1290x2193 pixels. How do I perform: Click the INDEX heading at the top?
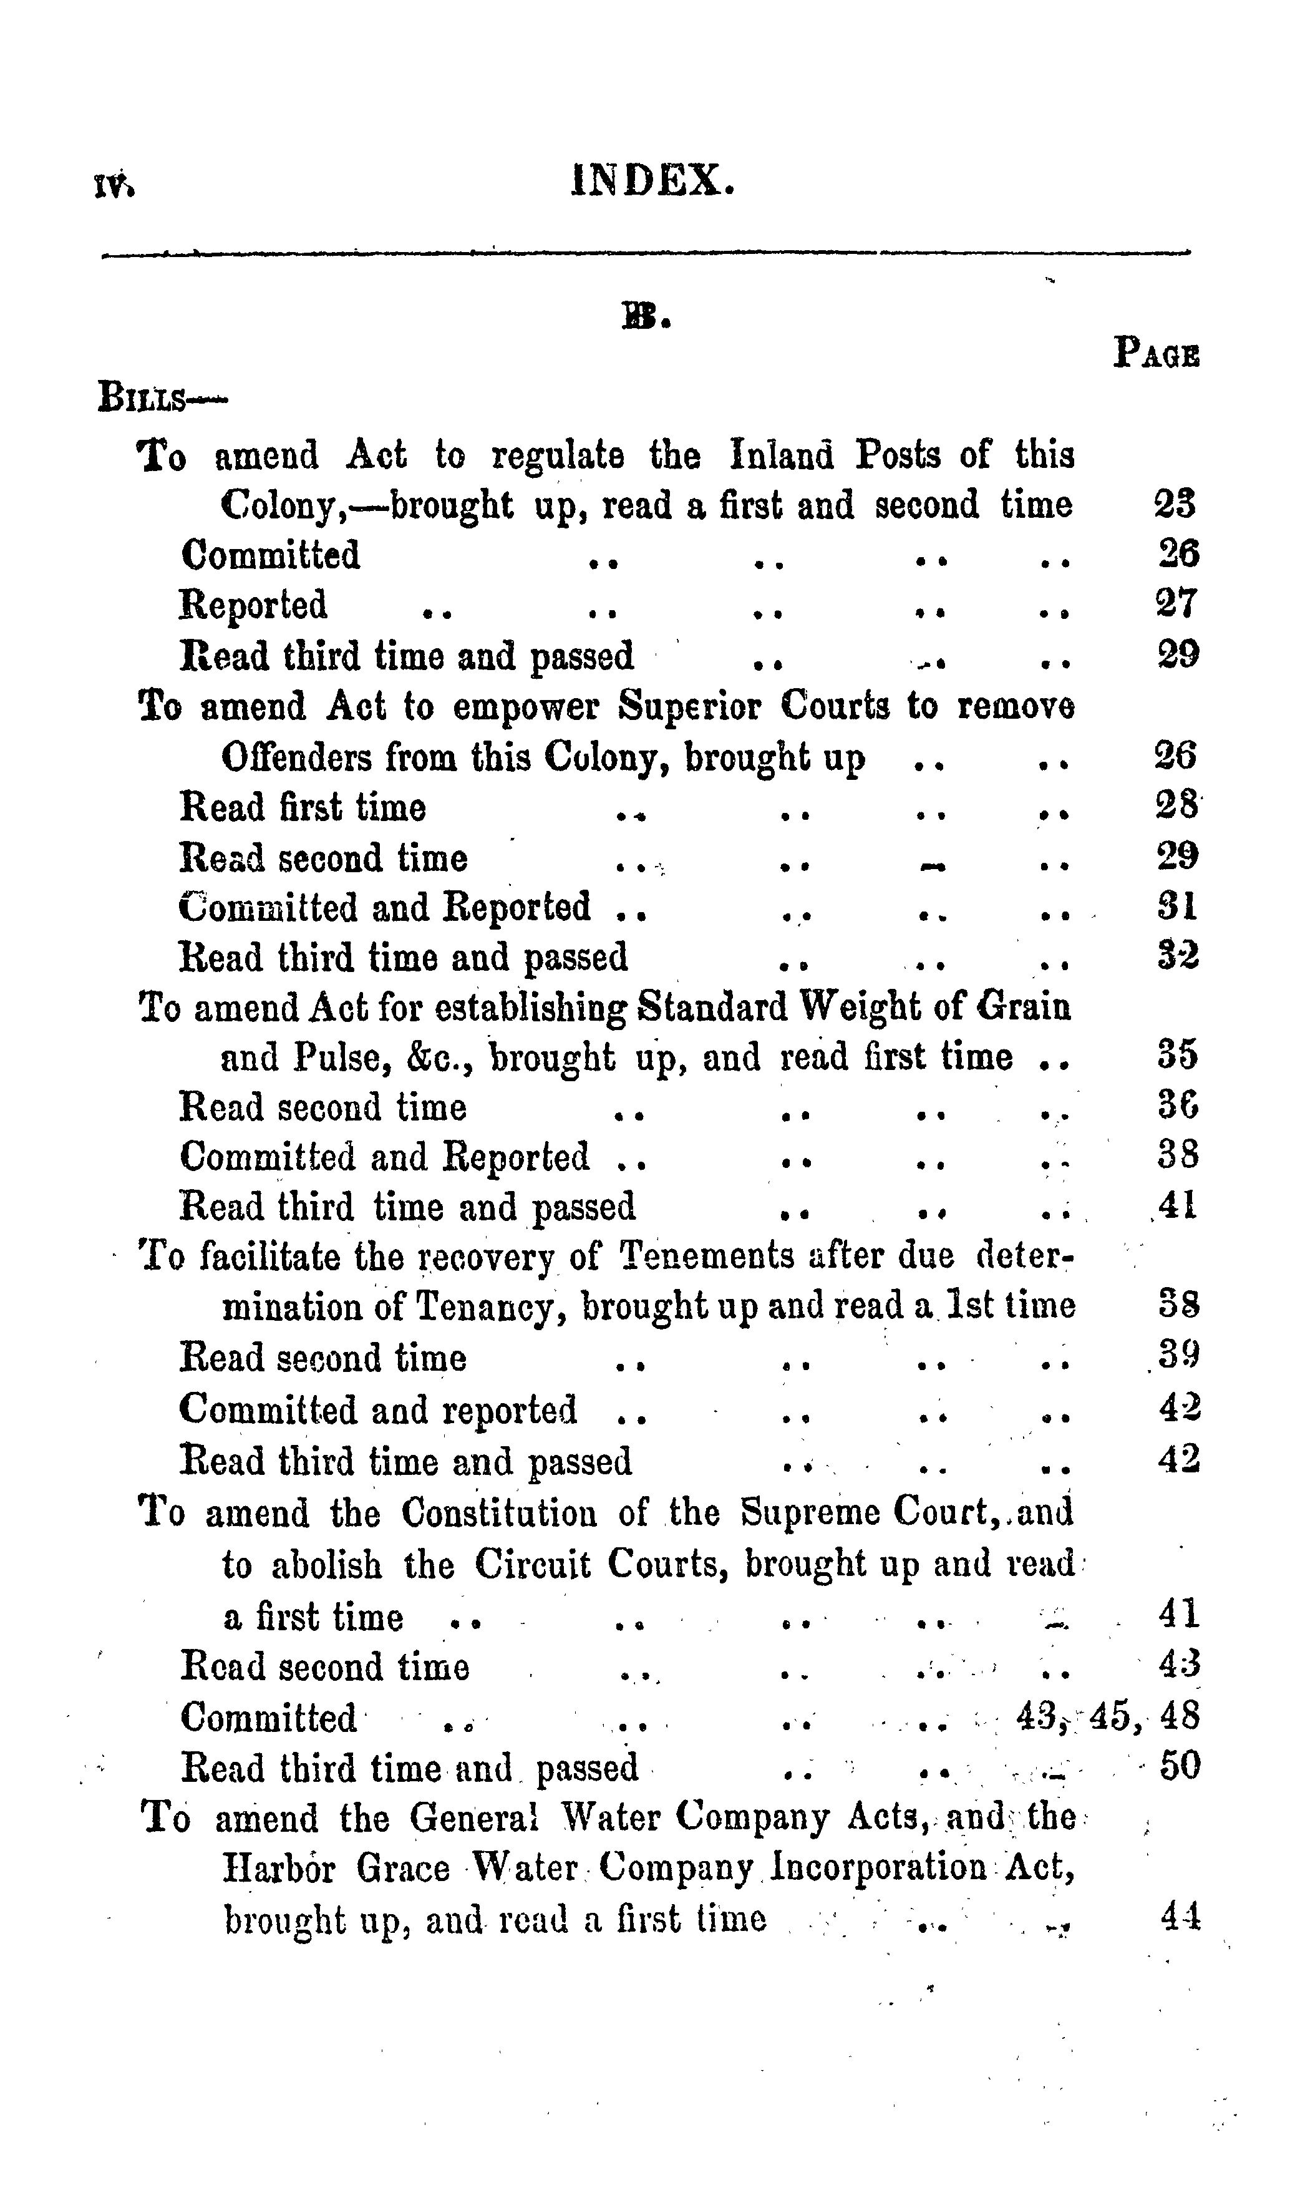(652, 181)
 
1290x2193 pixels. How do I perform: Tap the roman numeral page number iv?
(114, 185)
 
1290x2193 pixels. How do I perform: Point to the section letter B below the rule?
(644, 319)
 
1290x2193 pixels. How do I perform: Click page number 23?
(1176, 505)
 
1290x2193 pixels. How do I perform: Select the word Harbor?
(278, 1869)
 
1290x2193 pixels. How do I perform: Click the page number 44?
(1180, 1917)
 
